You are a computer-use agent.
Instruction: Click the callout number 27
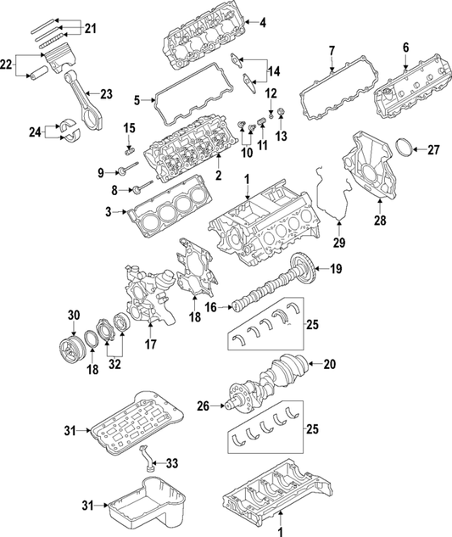pyautogui.click(x=433, y=150)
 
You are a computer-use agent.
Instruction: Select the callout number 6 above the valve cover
pyautogui.click(x=405, y=48)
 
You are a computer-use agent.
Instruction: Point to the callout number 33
pyautogui.click(x=172, y=463)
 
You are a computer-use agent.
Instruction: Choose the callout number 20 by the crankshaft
pyautogui.click(x=331, y=366)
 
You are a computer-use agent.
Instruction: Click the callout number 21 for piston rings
pyautogui.click(x=90, y=29)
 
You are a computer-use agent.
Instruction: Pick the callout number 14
pyautogui.click(x=273, y=70)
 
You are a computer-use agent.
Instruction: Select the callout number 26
pyautogui.click(x=201, y=405)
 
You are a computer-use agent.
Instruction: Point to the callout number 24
pyautogui.click(x=34, y=131)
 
